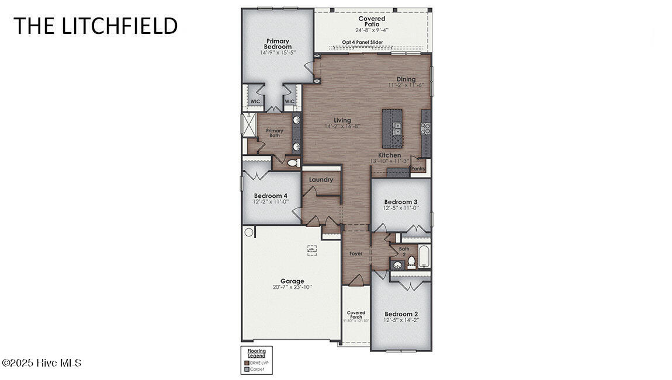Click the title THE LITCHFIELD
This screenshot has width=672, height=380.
click(x=95, y=26)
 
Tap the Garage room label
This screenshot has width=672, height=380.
click(x=292, y=281)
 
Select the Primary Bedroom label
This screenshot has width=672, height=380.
click(x=277, y=44)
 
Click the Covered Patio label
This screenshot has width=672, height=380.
click(x=372, y=22)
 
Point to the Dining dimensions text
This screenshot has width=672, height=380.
click(x=406, y=86)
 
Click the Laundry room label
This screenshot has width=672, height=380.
click(x=321, y=179)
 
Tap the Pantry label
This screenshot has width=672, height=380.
click(x=418, y=169)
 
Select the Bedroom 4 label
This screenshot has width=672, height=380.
click(x=271, y=196)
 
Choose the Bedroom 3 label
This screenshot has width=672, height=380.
click(x=400, y=202)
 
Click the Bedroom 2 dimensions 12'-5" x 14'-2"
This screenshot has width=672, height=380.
click(x=401, y=320)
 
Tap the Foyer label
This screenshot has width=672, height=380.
click(x=356, y=254)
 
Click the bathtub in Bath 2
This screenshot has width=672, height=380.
click(x=424, y=256)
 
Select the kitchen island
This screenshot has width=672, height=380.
click(x=391, y=129)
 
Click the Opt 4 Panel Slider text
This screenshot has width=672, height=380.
click(x=362, y=42)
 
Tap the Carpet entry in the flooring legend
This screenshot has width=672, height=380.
click(x=257, y=369)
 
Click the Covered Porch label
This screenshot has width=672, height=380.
click(x=356, y=314)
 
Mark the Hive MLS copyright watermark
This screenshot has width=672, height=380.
click(x=41, y=363)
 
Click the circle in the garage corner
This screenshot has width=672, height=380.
click(x=249, y=232)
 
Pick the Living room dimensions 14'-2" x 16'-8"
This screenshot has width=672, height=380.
click(x=342, y=126)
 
